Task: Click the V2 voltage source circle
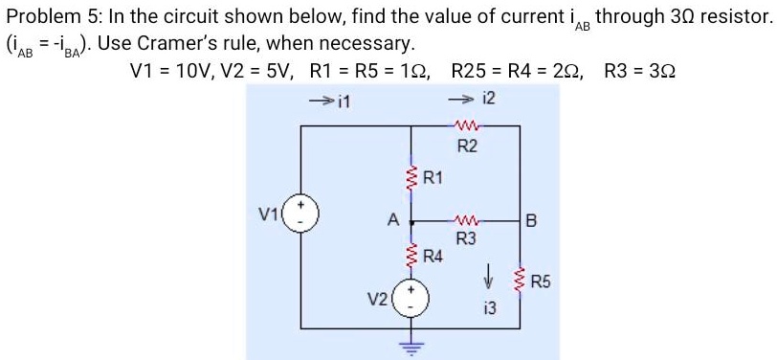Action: click(412, 294)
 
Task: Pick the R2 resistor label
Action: click(467, 146)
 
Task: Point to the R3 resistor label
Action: click(466, 238)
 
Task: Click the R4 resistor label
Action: click(433, 256)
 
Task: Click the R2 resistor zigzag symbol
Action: click(468, 125)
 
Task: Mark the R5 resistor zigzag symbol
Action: click(520, 280)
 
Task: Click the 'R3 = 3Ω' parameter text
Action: click(638, 71)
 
